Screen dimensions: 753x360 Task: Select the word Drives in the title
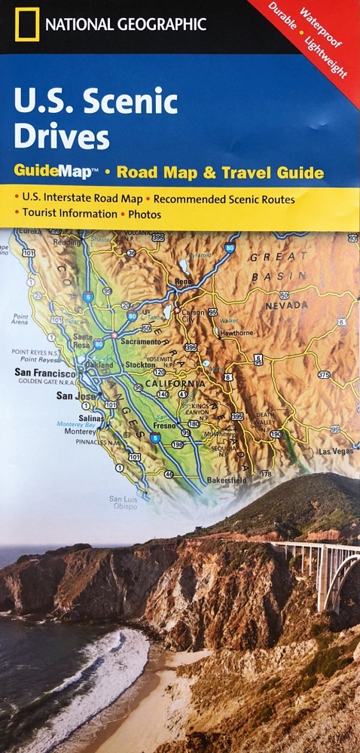pos(61,138)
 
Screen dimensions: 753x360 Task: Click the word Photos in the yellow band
pos(145,214)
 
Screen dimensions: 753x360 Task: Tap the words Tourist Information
pos(67,214)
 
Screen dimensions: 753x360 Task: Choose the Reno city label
pos(185,282)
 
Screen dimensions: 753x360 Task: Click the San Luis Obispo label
pos(124,502)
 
